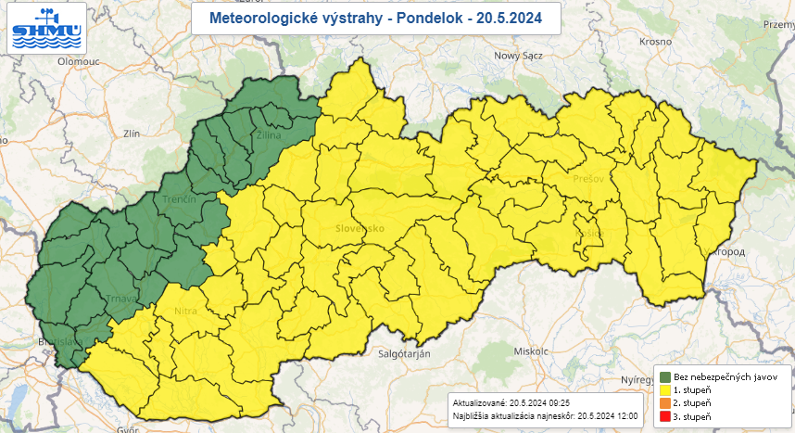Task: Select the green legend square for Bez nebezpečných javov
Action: point(665,376)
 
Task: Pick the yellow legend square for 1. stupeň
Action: point(665,390)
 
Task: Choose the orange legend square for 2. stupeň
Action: point(665,403)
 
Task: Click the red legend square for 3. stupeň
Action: point(665,417)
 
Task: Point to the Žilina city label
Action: point(268,135)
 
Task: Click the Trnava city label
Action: point(122,299)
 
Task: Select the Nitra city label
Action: point(184,312)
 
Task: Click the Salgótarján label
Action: point(406,353)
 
